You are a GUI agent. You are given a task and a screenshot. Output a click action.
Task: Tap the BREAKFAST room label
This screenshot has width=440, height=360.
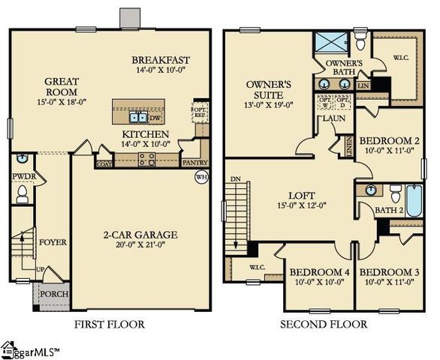pos(161,61)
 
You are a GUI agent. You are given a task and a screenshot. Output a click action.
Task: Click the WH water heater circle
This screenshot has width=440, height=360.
pos(200,177)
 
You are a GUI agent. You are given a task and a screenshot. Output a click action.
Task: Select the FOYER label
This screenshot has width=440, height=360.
pos(53,242)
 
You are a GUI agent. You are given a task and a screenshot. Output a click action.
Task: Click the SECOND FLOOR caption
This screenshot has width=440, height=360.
pos(324,325)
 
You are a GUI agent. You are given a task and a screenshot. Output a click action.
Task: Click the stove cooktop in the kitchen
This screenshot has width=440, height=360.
pos(146,159)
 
